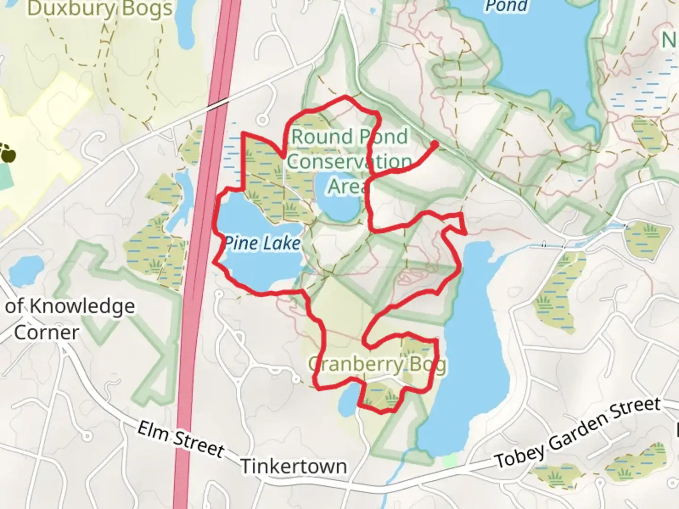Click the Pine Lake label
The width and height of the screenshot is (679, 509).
pyautogui.click(x=262, y=243)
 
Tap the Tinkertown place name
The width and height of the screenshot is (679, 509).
pyautogui.click(x=294, y=467)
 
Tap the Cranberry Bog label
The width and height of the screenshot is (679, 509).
pyautogui.click(x=377, y=364)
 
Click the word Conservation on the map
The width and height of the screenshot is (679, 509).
pyautogui.click(x=349, y=162)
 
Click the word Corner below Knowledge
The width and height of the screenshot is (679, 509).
pyautogui.click(x=47, y=332)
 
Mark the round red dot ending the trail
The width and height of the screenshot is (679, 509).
pyautogui.click(x=434, y=143)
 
